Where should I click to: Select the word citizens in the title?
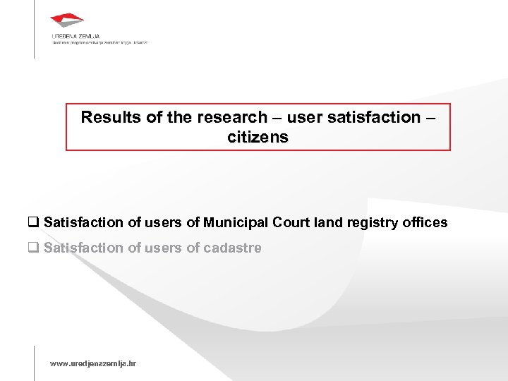[258, 137]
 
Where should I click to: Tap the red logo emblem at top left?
[67, 20]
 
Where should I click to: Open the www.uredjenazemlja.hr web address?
[92, 363]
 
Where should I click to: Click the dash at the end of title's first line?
[431, 117]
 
